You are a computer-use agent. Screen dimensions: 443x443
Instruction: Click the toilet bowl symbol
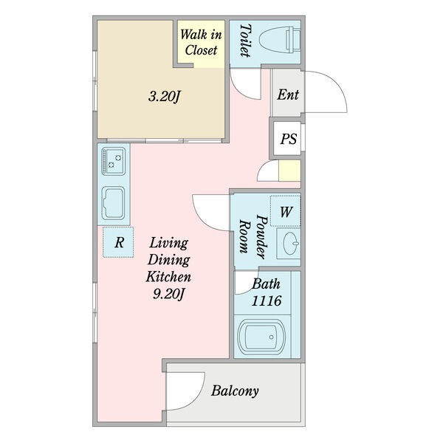[x=280, y=39]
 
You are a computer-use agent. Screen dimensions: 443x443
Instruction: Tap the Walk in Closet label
[x=201, y=42]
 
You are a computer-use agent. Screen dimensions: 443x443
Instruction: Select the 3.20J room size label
[x=164, y=97]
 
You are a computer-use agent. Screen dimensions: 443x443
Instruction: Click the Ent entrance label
[x=288, y=95]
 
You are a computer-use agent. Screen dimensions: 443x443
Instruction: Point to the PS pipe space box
[x=287, y=139]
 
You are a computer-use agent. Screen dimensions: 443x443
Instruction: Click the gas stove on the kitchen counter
[x=113, y=161]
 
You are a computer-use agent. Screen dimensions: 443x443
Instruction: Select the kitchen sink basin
[x=113, y=203]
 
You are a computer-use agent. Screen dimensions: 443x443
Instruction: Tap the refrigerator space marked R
[x=118, y=242]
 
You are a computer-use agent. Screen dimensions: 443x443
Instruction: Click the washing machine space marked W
[x=285, y=211]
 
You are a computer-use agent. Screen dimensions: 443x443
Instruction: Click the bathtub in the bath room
[x=262, y=337]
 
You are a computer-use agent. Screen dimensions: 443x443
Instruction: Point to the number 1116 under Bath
[x=267, y=301]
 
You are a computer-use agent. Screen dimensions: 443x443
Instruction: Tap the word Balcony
[x=235, y=391]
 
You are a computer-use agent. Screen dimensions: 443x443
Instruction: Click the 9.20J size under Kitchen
[x=168, y=295]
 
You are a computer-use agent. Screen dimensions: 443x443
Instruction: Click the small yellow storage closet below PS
[x=289, y=171]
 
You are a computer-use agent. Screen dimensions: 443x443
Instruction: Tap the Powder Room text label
[x=253, y=236]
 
